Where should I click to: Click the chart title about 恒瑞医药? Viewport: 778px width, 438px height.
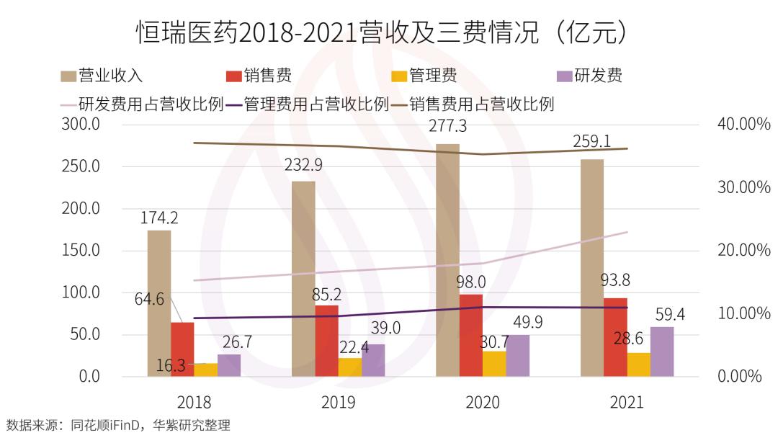click(388, 32)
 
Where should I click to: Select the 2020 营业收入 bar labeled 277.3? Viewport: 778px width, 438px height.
click(447, 259)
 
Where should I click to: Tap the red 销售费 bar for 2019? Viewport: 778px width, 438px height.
click(326, 341)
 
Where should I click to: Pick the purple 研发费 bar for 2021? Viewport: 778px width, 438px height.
click(662, 352)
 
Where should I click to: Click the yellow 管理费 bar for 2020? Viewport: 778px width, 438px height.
click(494, 364)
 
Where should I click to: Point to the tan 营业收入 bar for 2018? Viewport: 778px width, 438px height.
click(159, 303)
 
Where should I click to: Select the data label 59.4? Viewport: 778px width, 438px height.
click(670, 314)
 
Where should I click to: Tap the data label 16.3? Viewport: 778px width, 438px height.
click(171, 365)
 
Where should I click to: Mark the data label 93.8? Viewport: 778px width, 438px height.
click(615, 280)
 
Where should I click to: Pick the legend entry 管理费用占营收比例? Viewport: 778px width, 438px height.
click(307, 104)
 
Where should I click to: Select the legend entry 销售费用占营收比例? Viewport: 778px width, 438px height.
click(473, 104)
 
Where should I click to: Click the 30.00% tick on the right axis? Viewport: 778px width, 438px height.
click(744, 187)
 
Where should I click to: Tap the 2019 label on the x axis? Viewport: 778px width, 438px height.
click(338, 402)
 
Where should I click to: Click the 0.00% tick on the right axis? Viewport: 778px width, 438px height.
click(740, 376)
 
